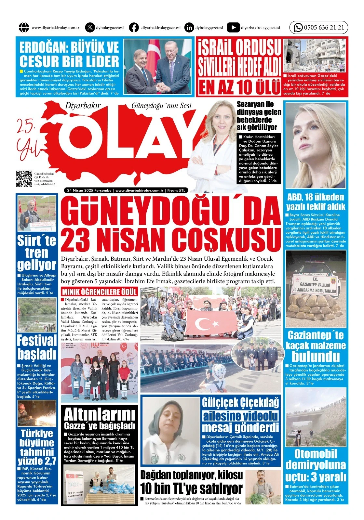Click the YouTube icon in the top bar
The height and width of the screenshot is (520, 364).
[233, 28]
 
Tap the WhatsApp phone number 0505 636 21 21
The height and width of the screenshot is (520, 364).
[324, 28]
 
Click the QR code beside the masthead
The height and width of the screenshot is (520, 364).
[24, 179]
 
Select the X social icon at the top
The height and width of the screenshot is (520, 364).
[90, 28]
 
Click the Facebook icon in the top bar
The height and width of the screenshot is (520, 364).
[134, 28]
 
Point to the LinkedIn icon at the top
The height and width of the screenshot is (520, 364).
[189, 28]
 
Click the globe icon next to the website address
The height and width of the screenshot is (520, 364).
[24, 28]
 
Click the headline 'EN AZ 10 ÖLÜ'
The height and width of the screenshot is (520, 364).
[239, 87]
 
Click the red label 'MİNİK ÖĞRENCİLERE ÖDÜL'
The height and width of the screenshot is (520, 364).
[100, 291]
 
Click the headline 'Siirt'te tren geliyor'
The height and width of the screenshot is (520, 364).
[36, 253]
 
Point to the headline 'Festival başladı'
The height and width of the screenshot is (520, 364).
[36, 346]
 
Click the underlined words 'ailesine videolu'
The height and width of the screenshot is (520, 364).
[240, 416]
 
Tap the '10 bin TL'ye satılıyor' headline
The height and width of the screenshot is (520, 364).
[191, 488]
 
